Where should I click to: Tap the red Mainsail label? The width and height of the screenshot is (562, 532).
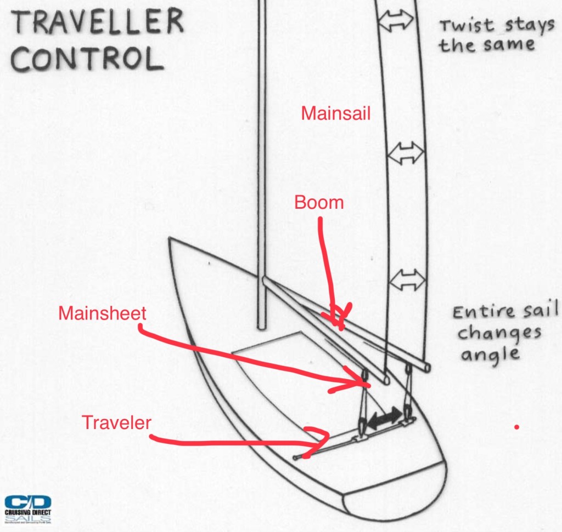pyautogui.click(x=336, y=114)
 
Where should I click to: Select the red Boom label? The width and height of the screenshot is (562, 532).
pyautogui.click(x=319, y=202)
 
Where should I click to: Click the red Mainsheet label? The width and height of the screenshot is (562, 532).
pyautogui.click(x=103, y=313)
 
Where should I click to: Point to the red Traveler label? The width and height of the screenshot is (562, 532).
pyautogui.click(x=116, y=422)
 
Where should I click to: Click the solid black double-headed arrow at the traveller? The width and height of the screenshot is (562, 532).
pyautogui.click(x=384, y=419)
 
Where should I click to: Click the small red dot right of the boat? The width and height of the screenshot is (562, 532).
pyautogui.click(x=516, y=426)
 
